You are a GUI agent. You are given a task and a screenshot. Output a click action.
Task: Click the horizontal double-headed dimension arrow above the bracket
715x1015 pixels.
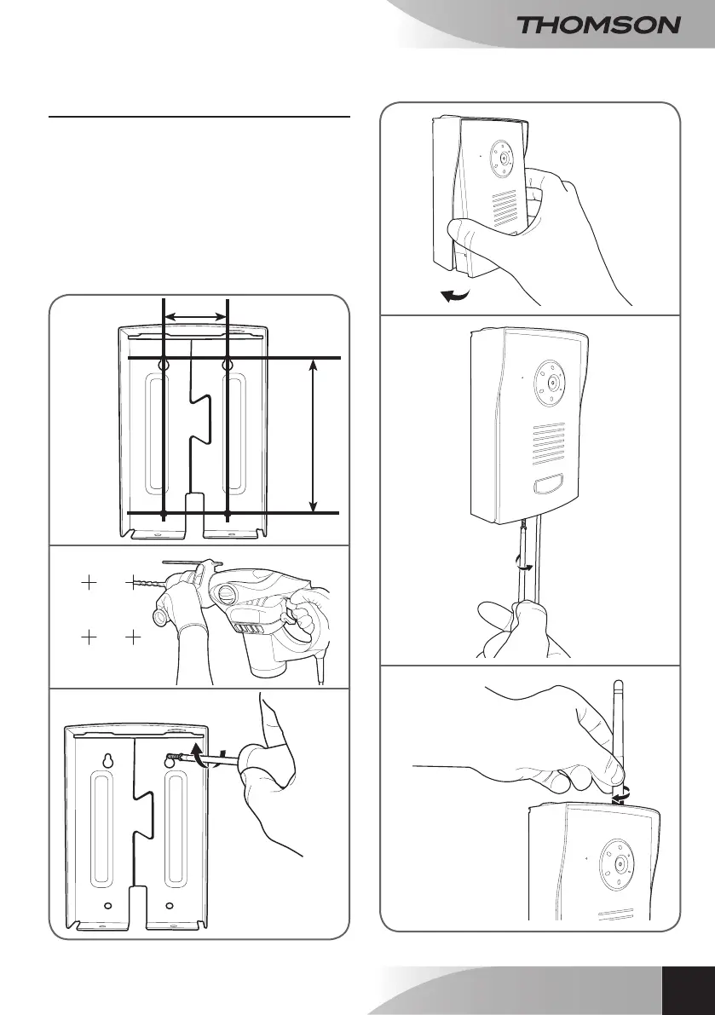pos(195,316)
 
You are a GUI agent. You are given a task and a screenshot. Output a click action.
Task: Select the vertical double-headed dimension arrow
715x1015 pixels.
pos(314,435)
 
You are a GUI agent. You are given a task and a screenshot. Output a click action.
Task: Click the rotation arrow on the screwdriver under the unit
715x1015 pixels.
pos(526,565)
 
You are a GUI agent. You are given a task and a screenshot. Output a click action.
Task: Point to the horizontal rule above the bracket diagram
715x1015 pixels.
pos(199,116)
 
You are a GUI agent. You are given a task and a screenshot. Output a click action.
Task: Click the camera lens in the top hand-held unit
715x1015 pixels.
pos(505,159)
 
